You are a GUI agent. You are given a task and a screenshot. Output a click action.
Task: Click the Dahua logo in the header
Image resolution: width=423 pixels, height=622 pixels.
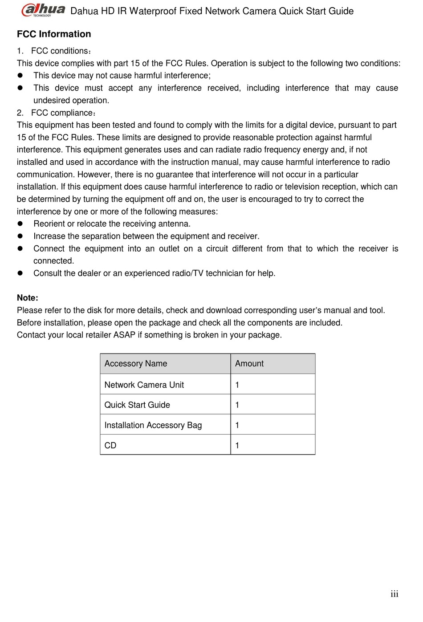click(x=43, y=10)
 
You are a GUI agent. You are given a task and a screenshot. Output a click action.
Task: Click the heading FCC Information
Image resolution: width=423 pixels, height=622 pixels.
click(x=54, y=34)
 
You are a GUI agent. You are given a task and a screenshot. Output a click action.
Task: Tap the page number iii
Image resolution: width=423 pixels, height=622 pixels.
click(x=395, y=594)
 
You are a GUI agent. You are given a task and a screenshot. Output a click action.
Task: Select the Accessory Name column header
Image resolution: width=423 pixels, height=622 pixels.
click(x=136, y=364)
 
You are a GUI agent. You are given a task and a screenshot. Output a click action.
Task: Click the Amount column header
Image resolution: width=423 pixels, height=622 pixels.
click(x=249, y=364)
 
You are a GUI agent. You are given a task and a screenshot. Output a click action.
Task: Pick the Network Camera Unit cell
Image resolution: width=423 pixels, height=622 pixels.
click(x=144, y=385)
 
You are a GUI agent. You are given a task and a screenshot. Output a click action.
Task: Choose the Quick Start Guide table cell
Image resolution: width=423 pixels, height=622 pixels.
click(x=137, y=405)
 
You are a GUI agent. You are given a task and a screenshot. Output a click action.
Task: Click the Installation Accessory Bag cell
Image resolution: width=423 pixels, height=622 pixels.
click(x=153, y=425)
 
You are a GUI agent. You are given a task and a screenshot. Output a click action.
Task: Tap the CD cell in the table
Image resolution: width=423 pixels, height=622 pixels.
click(x=110, y=446)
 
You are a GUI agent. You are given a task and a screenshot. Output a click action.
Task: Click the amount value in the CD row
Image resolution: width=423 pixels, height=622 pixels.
click(x=237, y=446)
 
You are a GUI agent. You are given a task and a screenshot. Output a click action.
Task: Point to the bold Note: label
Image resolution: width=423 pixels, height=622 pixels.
click(x=28, y=298)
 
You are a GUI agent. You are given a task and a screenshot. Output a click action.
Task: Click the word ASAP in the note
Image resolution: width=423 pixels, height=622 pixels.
click(x=124, y=335)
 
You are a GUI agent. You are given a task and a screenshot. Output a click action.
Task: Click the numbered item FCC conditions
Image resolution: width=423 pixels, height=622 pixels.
click(x=61, y=51)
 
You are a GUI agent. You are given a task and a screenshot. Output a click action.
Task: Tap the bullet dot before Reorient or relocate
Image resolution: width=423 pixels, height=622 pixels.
click(x=20, y=224)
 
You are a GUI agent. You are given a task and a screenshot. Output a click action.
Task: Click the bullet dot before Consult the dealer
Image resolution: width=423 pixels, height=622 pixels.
click(x=20, y=273)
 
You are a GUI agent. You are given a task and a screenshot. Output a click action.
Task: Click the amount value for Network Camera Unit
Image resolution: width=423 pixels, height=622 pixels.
click(x=237, y=385)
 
